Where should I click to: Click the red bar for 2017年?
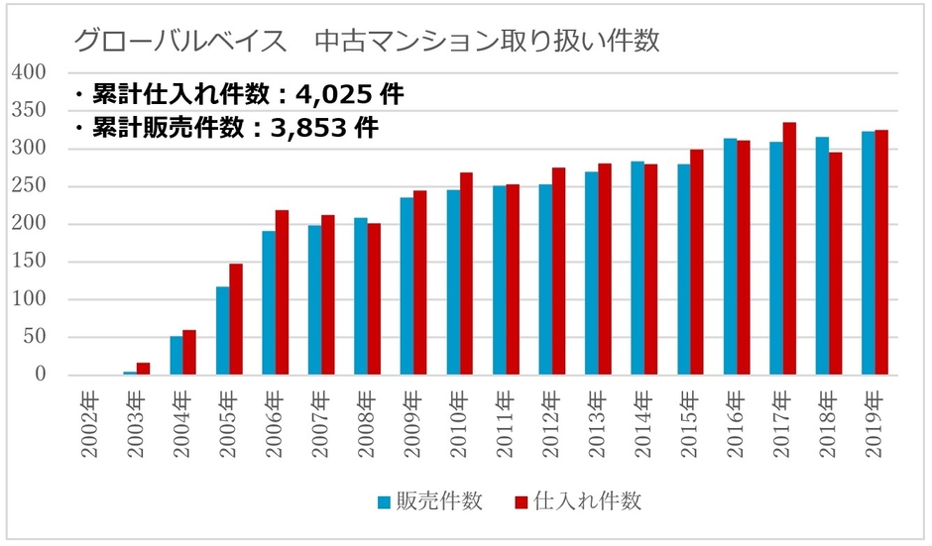coord(790,249)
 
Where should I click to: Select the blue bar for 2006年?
coord(269,303)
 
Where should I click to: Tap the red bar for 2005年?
coord(236,319)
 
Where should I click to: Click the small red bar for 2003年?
coord(144,369)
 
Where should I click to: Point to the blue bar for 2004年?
coord(176,356)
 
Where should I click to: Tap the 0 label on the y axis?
coord(41,375)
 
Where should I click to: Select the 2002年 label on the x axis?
coord(90,425)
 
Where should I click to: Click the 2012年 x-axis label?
coord(551,425)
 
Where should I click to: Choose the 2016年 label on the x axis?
coord(736,425)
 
